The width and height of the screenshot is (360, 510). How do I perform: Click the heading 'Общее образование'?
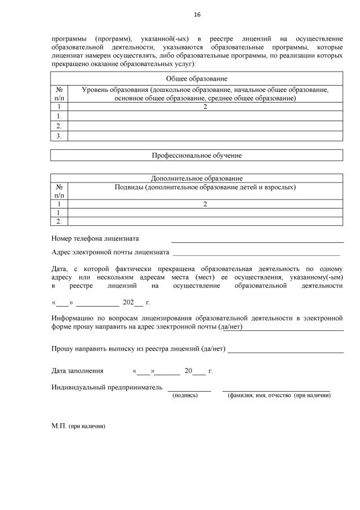point(197,79)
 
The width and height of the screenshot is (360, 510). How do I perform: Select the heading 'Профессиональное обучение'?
point(197,155)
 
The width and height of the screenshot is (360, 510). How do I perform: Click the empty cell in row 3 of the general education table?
point(205,136)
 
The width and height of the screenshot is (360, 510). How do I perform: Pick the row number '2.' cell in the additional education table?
point(59,221)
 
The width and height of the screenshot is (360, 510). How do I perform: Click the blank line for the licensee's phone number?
point(257,241)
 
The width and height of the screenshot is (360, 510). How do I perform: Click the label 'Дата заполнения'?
point(78,371)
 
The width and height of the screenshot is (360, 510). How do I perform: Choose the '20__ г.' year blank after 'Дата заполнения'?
point(194,371)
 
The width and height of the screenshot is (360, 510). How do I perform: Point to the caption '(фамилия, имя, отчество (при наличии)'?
point(279,396)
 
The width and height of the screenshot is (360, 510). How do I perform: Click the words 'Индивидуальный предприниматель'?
point(107,387)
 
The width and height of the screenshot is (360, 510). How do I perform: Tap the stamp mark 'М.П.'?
point(59,426)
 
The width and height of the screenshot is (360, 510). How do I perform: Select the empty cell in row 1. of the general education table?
point(205,116)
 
